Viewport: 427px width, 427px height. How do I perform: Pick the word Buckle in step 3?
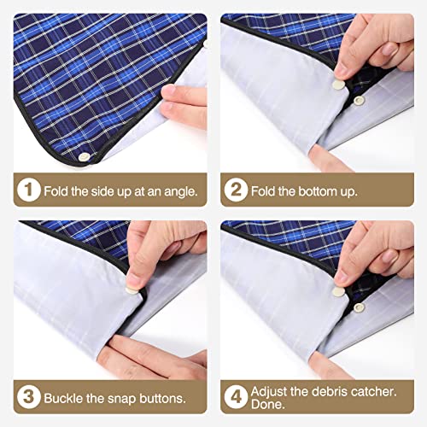click(x=65, y=398)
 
